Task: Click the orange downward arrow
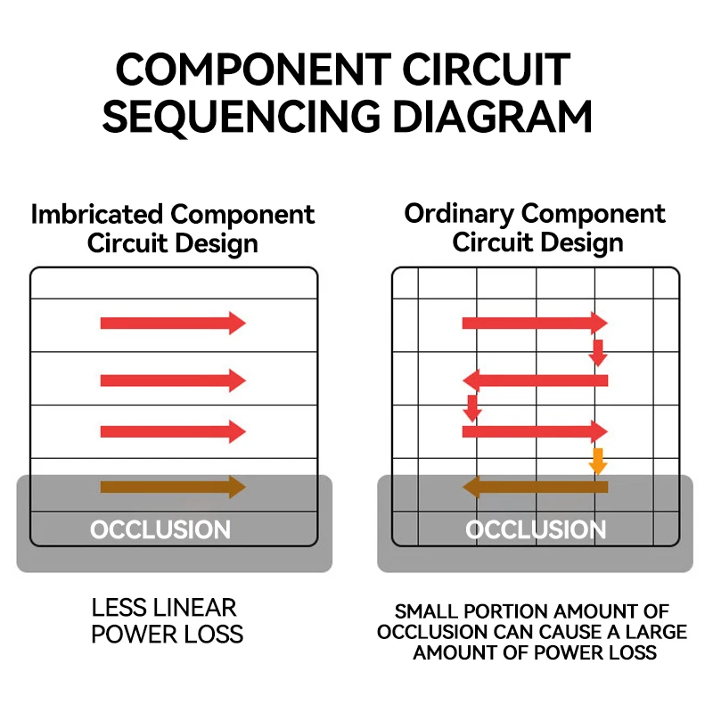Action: click(598, 461)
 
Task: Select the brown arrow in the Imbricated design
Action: click(173, 487)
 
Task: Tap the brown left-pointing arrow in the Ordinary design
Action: click(536, 487)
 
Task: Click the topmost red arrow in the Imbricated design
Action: click(173, 324)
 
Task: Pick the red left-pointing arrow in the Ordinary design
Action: click(536, 381)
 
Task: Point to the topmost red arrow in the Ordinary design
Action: click(536, 324)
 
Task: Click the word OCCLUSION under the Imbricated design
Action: click(160, 529)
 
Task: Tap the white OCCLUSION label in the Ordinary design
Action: click(536, 529)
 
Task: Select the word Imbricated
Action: click(97, 214)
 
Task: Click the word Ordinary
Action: click(459, 214)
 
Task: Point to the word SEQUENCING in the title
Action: click(242, 117)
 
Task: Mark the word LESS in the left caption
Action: click(121, 608)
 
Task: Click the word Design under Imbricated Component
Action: click(217, 244)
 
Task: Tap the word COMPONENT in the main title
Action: click(253, 69)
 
